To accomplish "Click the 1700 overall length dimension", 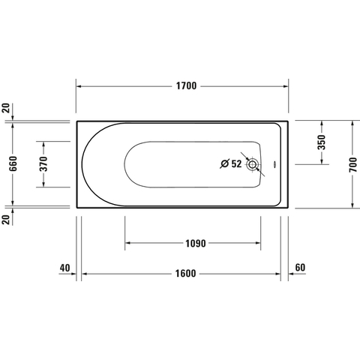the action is [x=187, y=86].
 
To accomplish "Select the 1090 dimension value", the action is [x=196, y=243].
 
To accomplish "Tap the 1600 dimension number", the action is [x=185, y=274].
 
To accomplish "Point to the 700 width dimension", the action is [x=353, y=164].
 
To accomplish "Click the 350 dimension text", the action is [x=322, y=142].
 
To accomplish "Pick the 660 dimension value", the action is [x=13, y=163].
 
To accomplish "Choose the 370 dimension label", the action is [x=43, y=163].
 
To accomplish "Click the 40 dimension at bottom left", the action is [x=64, y=268].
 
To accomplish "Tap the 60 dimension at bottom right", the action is [x=300, y=268].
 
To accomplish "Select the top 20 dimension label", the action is [x=7, y=108].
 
